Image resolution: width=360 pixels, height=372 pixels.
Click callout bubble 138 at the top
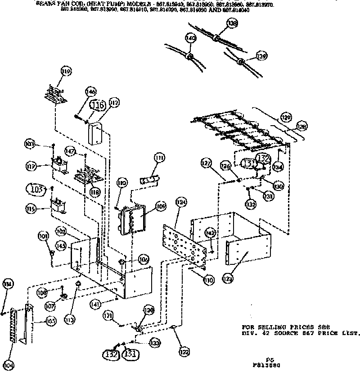click(232, 24)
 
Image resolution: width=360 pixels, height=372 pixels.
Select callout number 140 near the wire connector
click(191, 39)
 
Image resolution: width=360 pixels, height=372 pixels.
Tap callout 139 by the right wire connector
click(261, 56)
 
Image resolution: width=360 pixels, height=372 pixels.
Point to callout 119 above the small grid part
click(67, 71)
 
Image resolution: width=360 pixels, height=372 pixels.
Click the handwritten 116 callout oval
click(98, 105)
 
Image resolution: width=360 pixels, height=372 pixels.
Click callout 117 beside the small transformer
click(31, 166)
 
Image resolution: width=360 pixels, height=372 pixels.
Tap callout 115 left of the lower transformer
click(31, 209)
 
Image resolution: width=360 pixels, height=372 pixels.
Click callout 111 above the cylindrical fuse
click(159, 158)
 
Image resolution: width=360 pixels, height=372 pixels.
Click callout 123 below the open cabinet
click(228, 279)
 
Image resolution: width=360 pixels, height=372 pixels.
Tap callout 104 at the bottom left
click(7, 364)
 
